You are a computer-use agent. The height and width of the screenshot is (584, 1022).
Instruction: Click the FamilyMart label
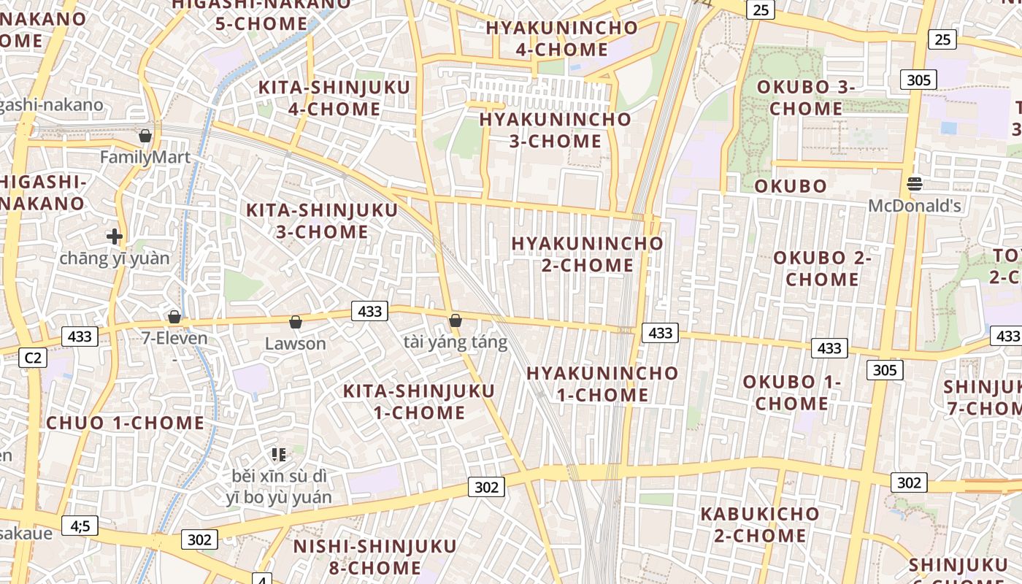tap(145, 157)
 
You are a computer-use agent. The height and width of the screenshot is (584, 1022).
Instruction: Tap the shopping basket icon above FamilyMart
tap(145, 136)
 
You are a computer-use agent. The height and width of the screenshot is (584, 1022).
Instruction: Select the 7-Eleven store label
tap(174, 338)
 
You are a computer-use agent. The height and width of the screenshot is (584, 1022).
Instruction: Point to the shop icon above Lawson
tap(296, 322)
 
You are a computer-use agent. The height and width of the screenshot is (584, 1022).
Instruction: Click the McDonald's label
tap(914, 206)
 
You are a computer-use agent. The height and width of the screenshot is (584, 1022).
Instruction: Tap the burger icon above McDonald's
tap(914, 182)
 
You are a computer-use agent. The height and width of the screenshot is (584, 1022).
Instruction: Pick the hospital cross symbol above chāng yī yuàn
tap(114, 237)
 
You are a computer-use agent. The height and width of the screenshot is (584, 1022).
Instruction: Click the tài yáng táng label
tap(455, 342)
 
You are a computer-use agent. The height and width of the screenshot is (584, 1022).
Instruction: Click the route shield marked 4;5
tap(80, 525)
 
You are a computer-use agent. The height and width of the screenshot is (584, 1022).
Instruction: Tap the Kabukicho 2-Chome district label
tap(760, 525)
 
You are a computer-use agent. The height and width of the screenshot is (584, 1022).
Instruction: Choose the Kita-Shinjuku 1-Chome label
tap(419, 401)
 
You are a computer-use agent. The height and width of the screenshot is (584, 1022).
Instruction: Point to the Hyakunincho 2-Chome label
tap(588, 254)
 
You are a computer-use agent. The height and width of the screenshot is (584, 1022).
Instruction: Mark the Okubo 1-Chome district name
tap(792, 393)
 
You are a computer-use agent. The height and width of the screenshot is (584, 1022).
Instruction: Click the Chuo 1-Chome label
tap(126, 423)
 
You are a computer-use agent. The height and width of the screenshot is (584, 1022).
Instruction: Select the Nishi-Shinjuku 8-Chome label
tap(374, 557)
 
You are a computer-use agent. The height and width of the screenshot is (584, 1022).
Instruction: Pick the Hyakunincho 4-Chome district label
tap(562, 39)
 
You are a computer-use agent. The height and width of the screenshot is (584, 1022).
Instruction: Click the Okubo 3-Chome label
tap(806, 98)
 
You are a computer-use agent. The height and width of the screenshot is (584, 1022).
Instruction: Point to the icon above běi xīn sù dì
tap(278, 455)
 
